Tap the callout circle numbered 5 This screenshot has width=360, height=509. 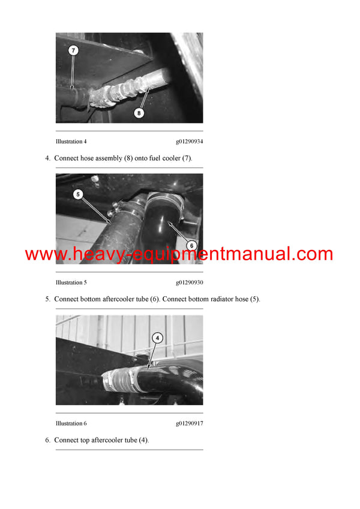[77, 194]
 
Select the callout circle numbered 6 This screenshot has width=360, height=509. [192, 245]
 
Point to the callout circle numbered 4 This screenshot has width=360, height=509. [157, 338]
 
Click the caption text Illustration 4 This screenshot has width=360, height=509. [71, 141]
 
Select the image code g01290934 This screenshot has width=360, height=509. [189, 141]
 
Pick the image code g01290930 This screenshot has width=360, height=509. [189, 282]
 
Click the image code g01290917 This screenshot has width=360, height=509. [189, 423]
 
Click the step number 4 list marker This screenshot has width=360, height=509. [47, 158]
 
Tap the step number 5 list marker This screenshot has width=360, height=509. [47, 299]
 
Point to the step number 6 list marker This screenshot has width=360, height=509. [47, 440]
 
